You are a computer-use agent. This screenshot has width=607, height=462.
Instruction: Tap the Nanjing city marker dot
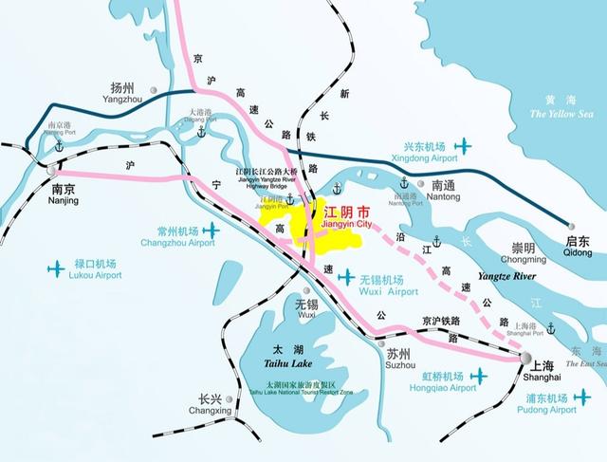[50, 170]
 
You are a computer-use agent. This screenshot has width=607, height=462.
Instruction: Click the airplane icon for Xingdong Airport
[464, 146]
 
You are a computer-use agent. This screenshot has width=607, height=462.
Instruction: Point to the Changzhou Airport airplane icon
[211, 231]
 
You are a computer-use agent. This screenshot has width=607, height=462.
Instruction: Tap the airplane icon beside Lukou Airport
[53, 268]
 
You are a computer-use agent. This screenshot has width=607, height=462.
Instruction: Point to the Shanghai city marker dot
[525, 358]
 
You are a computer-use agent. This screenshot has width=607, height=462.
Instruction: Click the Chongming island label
[522, 252]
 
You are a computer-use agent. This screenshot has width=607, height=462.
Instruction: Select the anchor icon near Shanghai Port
[550, 328]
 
